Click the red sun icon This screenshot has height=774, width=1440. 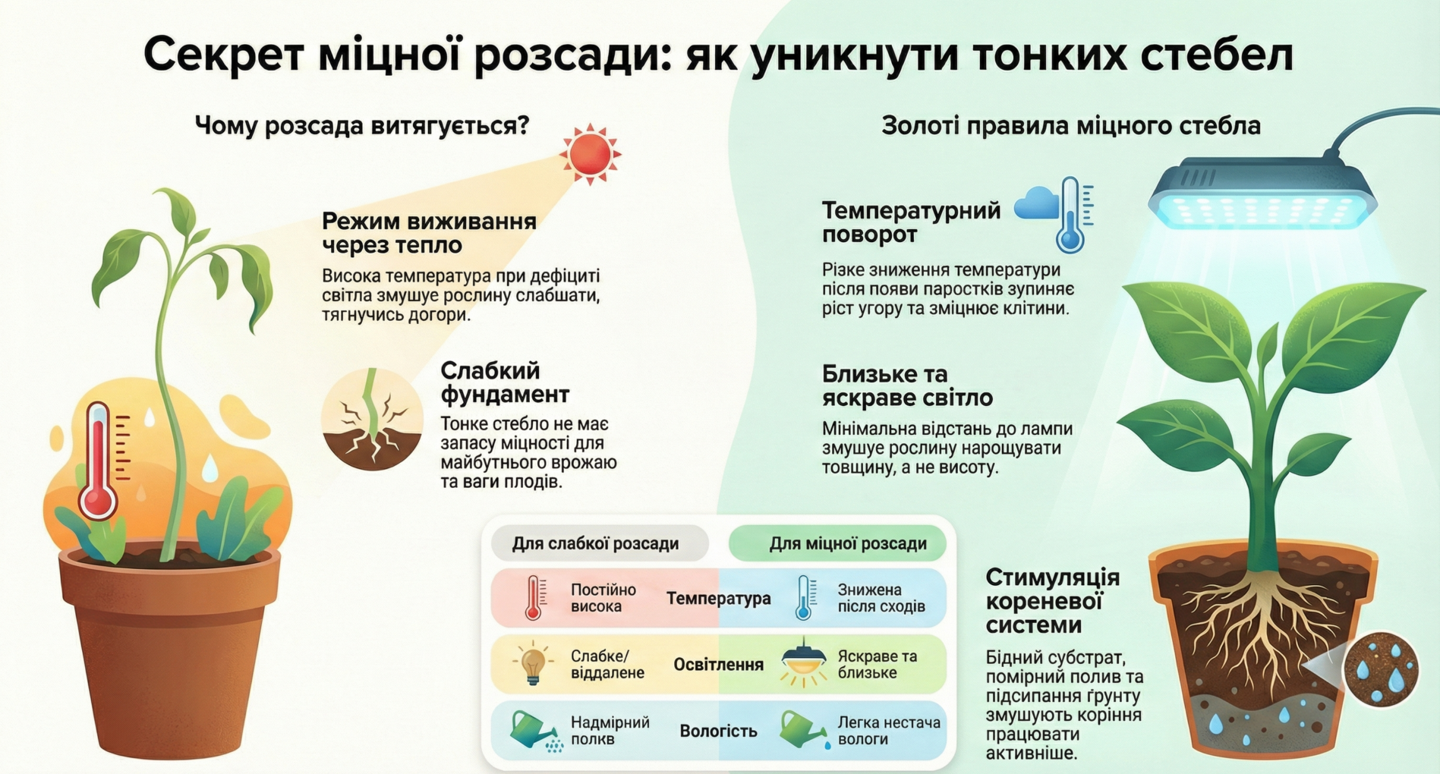click(590, 154)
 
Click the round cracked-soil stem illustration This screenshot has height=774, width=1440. click(372, 419)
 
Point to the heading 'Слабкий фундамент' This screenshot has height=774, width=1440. click(505, 382)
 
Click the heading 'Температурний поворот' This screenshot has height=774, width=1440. click(911, 222)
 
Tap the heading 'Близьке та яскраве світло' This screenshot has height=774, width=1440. click(907, 385)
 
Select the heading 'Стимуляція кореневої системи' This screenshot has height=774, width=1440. click(1052, 601)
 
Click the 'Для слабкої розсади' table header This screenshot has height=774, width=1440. click(596, 543)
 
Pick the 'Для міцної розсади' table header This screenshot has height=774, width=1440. click(847, 543)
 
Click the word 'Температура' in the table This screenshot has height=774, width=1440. click(718, 599)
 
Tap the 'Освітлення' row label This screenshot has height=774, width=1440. click(718, 665)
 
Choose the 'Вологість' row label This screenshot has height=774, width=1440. click(718, 731)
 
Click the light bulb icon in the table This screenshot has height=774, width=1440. click(532, 663)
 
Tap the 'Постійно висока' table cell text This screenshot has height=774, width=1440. click(603, 598)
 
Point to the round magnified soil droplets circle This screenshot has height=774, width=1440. click(1381, 669)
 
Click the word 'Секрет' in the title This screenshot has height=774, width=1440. click(224, 55)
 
